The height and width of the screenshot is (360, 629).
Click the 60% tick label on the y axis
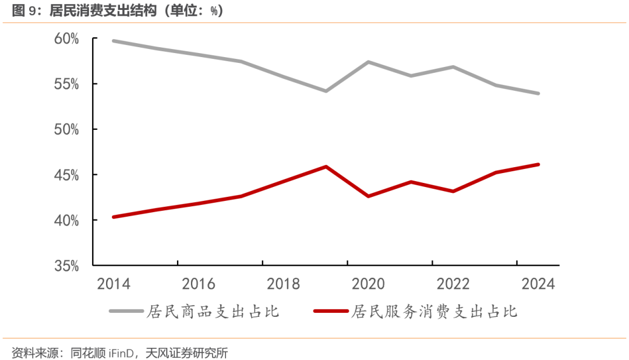(67, 38)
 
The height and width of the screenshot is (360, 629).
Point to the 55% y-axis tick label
(67, 84)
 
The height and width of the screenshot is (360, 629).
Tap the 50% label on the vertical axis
(67, 129)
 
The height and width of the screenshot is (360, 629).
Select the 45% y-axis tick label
(67, 175)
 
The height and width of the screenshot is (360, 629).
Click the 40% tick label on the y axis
(67, 220)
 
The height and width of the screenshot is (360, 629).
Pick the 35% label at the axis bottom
(67, 266)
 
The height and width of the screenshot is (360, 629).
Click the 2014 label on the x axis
(114, 284)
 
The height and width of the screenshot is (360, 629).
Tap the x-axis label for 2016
(199, 284)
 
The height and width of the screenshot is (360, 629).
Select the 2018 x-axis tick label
(284, 284)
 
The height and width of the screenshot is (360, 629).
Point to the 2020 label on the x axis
(369, 284)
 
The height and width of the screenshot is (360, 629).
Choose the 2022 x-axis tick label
(454, 284)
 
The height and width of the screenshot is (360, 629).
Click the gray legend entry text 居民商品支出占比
(213, 312)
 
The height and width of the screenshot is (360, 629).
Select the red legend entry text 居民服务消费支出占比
(434, 312)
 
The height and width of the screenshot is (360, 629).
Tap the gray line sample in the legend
(126, 312)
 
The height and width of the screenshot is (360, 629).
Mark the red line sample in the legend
(331, 312)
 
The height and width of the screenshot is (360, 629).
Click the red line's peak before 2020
(326, 167)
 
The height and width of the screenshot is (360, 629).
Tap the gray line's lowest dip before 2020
(326, 91)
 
